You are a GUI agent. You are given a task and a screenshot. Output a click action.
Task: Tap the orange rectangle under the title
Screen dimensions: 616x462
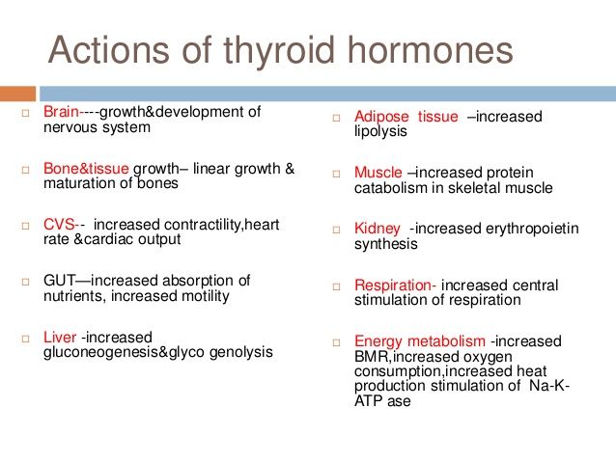(x=17, y=94)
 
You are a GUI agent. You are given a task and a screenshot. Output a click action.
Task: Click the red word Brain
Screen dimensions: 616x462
(x=61, y=112)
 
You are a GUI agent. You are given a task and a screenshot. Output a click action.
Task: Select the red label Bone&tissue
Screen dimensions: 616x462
(x=86, y=169)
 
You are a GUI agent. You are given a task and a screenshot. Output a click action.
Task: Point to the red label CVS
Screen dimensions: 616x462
(x=59, y=225)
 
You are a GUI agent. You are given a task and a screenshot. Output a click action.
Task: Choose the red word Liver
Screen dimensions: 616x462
(x=60, y=338)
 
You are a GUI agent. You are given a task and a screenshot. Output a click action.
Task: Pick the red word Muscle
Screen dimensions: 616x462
(x=378, y=173)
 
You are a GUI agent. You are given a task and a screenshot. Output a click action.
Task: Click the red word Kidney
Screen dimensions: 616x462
(x=378, y=229)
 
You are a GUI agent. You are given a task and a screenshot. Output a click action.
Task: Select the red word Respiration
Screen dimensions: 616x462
(x=393, y=285)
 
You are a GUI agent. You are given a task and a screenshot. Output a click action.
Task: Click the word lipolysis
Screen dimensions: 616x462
(x=380, y=131)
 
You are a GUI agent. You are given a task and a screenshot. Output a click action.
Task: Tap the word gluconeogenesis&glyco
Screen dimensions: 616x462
(x=124, y=352)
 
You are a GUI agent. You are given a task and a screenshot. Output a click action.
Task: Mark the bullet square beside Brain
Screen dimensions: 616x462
(x=25, y=113)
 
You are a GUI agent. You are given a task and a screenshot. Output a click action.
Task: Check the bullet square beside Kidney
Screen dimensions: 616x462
(x=336, y=230)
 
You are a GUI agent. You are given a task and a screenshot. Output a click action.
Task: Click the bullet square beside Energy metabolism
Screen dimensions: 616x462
(x=336, y=342)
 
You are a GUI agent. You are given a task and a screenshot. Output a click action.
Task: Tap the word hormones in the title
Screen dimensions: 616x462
(x=431, y=50)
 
